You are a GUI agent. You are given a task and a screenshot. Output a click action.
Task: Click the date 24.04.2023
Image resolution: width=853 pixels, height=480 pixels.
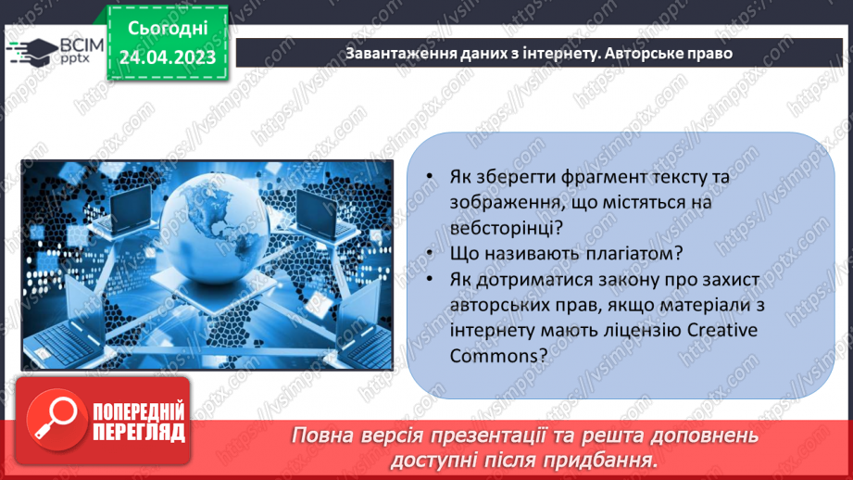tap(168, 57)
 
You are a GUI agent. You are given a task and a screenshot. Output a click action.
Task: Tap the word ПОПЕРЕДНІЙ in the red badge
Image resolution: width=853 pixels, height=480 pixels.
tap(138, 411)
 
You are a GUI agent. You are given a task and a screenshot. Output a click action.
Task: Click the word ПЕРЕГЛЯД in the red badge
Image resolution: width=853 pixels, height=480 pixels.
tap(138, 432)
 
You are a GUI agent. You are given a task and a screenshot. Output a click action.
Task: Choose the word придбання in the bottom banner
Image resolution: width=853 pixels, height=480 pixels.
tap(611, 460)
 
